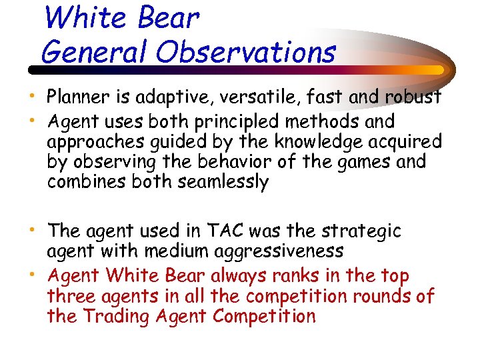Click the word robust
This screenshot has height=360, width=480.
pyautogui.click(x=413, y=97)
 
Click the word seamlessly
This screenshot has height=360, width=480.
pyautogui.click(x=223, y=182)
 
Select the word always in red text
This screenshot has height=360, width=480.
pyautogui.click(x=251, y=276)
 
